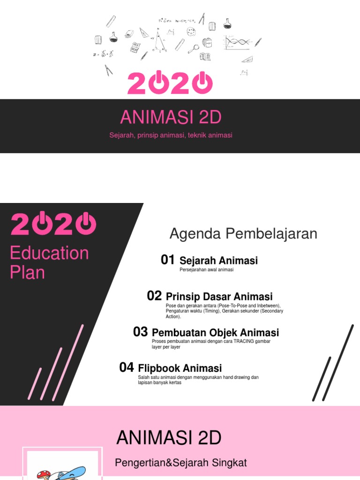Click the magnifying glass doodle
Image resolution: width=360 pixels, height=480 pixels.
193,48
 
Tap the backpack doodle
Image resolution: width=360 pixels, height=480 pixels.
207,43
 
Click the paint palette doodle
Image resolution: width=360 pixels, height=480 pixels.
191,32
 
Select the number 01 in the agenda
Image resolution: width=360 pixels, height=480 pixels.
167,260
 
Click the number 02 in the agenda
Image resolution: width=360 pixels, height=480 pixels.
154,296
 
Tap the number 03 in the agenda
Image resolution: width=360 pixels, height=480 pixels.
140,332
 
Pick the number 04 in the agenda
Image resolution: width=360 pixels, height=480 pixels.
127,367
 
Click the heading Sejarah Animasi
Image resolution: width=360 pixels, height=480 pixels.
218,261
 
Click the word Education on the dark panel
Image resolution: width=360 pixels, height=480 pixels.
49,253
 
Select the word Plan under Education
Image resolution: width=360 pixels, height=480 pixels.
27,272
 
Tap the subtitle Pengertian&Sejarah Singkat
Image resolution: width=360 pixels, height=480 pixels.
181,463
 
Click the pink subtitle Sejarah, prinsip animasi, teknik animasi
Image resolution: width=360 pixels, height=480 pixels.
171,135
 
